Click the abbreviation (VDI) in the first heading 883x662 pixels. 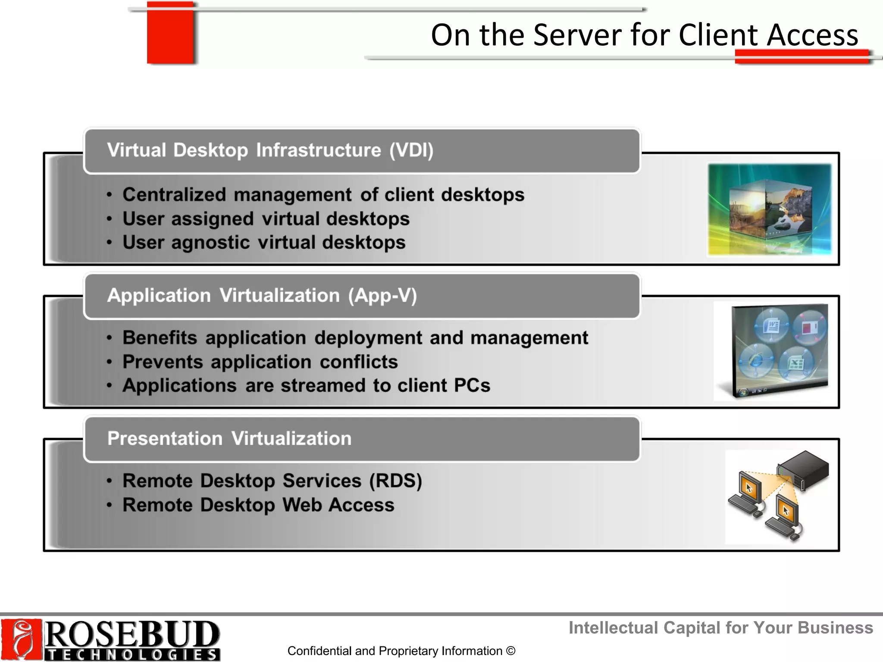click(x=411, y=150)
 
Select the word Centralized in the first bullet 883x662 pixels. click(x=174, y=195)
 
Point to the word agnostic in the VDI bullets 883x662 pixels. click(x=210, y=243)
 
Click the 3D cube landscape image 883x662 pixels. click(x=770, y=210)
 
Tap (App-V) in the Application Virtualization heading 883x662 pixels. click(x=382, y=296)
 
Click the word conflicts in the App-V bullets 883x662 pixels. click(x=359, y=362)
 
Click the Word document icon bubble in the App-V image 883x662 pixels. click(x=771, y=325)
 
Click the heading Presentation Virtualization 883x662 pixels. click(x=229, y=439)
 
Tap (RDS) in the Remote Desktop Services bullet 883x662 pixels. click(x=395, y=481)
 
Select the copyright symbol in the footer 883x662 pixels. click(x=511, y=651)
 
